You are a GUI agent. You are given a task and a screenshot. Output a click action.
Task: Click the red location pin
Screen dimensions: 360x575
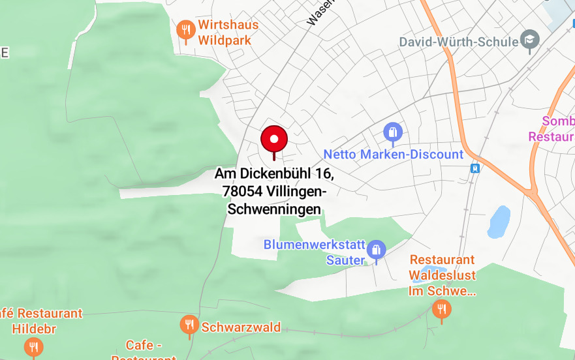coord(274,140)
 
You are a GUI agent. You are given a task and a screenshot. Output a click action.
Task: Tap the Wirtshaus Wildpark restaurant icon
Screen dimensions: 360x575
coord(186,29)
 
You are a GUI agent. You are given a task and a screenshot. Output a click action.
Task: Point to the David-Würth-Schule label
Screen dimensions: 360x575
coord(459,42)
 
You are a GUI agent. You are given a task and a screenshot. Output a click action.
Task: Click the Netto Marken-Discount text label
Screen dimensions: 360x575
coord(393,155)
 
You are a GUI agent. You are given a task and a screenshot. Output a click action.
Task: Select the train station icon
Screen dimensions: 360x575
coord(474,168)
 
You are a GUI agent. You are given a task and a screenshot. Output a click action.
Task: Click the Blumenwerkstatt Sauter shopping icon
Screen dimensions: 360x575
coord(376,250)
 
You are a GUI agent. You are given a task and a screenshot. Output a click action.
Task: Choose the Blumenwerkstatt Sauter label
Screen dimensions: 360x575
coord(315,252)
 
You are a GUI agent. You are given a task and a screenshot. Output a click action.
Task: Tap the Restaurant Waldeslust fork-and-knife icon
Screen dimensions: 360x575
coord(441,308)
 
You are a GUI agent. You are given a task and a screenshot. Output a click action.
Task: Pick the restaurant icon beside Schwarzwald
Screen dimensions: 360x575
coord(189,325)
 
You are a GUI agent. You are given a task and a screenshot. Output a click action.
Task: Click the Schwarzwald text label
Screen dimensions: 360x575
coord(241,327)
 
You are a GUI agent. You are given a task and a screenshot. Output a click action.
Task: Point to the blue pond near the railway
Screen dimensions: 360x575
coord(499,222)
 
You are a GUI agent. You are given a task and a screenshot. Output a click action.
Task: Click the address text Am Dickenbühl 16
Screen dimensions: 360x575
coord(274,174)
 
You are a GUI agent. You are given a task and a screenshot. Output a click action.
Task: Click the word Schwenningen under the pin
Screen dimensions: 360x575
coord(274,209)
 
